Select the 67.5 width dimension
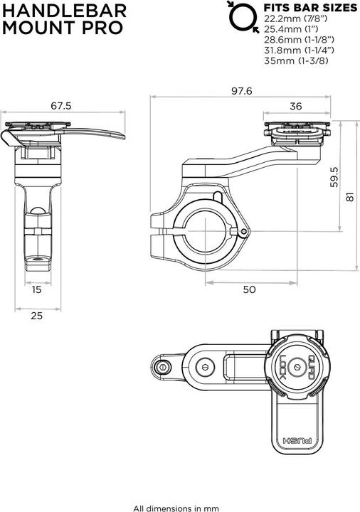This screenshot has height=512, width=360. (61, 106)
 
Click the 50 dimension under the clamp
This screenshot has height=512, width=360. (248, 289)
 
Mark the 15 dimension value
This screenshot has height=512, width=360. (36, 289)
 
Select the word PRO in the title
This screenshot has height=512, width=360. (104, 28)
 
